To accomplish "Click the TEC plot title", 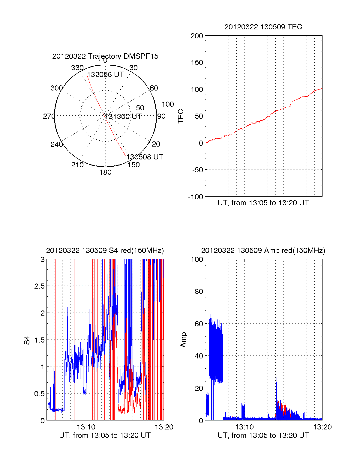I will pos(263,27).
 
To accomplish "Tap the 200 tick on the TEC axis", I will pos(197,36).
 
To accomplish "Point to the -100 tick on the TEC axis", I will pos(196,197).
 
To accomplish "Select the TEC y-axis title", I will pos(181,116).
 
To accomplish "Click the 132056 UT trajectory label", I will pos(105,75).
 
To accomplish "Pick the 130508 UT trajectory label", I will pos(145,157).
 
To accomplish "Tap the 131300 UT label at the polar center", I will pos(123,117).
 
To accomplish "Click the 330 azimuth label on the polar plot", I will pos(77,68).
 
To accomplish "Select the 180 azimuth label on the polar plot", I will pos(105,172).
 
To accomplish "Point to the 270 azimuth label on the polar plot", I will pos(49,116).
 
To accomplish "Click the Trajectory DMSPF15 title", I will pos(105,56).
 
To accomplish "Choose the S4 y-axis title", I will pos(27,340).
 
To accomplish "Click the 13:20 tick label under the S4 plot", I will pos(164,427).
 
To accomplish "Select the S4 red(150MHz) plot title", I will pos(105,251).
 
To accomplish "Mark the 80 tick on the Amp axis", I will pos(199,291).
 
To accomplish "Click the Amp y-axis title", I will pos(183,340).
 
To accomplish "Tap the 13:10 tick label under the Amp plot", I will pos(244,427).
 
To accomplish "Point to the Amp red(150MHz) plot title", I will pos(263,251).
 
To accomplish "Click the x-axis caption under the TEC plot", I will pos(263,203).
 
